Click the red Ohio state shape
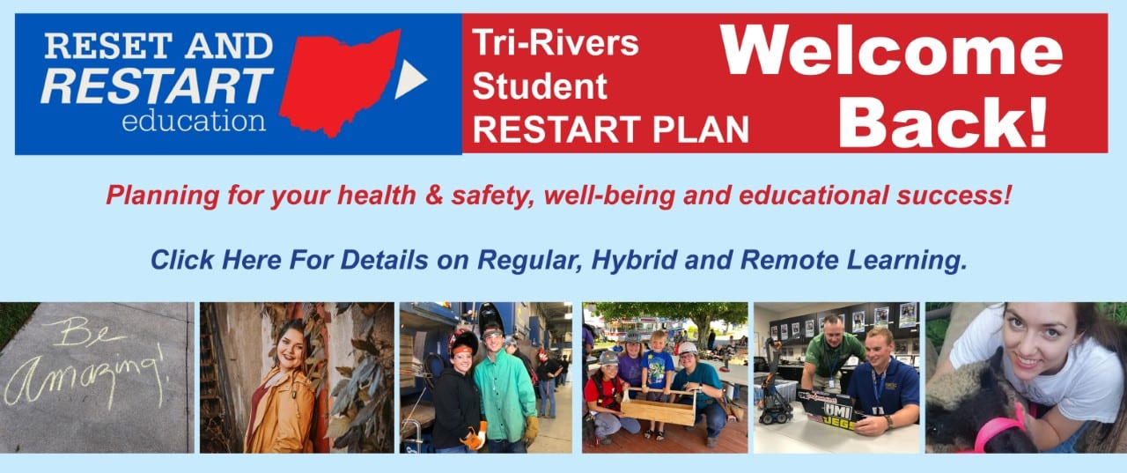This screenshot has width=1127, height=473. [339, 82]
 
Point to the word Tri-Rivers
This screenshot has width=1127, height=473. [555, 42]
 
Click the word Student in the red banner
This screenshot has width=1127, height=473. [539, 85]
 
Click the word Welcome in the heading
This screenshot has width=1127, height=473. [892, 50]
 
